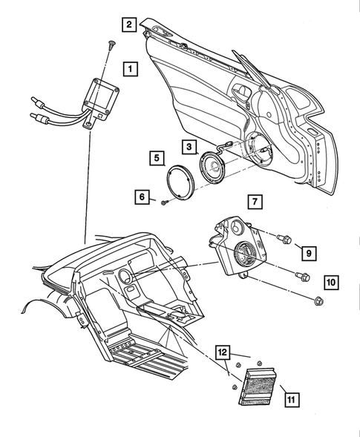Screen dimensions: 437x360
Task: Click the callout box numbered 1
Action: coord(130,70)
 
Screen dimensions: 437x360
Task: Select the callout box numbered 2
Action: coord(129,24)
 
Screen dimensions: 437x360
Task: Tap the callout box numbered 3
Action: coord(189,148)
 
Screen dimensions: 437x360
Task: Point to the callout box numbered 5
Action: coord(156,157)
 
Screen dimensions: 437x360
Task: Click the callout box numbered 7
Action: coord(253,201)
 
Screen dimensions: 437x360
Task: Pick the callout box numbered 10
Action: coord(330,282)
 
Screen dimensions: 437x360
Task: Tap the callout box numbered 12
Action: coord(223,353)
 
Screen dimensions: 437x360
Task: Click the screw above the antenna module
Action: coord(110,45)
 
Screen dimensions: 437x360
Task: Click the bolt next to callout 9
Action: coord(283,240)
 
